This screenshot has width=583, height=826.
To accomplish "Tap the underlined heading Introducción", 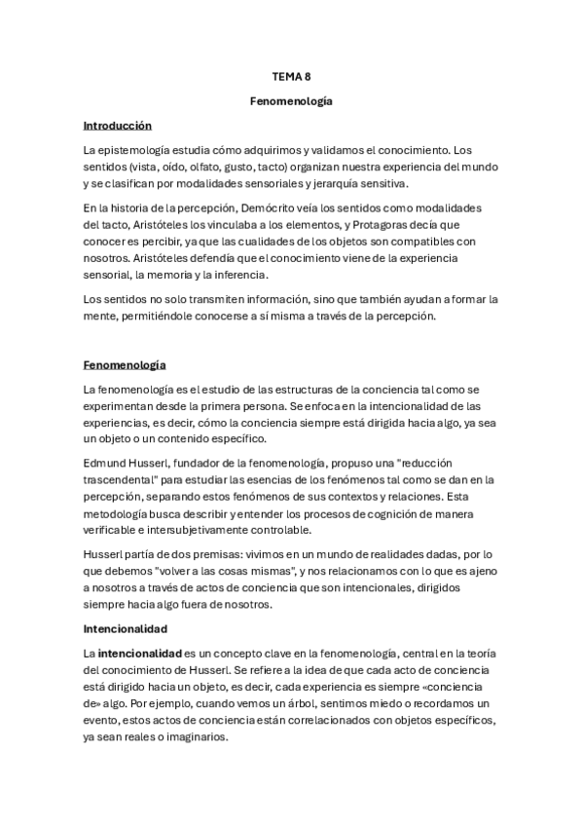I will [x=118, y=125].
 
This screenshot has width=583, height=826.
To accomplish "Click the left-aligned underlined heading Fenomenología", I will [x=125, y=364].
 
